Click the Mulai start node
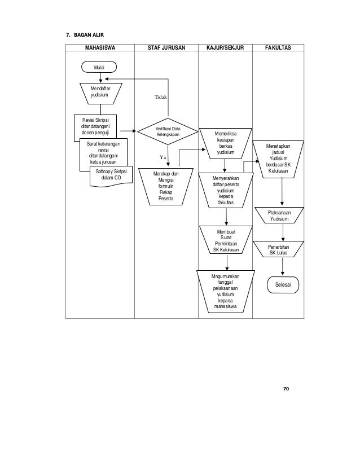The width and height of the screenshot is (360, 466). pyautogui.click(x=99, y=67)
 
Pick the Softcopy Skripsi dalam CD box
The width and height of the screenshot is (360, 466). pyautogui.click(x=111, y=175)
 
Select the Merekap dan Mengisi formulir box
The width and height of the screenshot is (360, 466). pyautogui.click(x=166, y=187)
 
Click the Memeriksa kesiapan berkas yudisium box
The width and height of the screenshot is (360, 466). pyautogui.click(x=225, y=143)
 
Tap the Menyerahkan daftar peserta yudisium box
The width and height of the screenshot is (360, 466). pyautogui.click(x=225, y=191)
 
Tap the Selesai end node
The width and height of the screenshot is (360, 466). pyautogui.click(x=282, y=285)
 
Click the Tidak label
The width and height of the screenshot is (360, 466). pyautogui.click(x=162, y=98)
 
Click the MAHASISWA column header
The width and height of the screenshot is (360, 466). pyautogui.click(x=99, y=49)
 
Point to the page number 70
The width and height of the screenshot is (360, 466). pyautogui.click(x=286, y=389)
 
